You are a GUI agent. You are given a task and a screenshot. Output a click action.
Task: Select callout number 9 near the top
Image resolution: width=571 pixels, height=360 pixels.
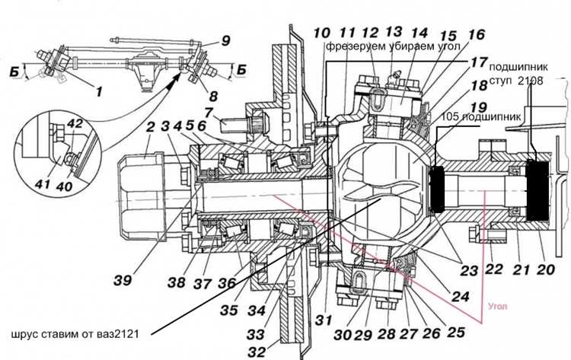225,42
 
